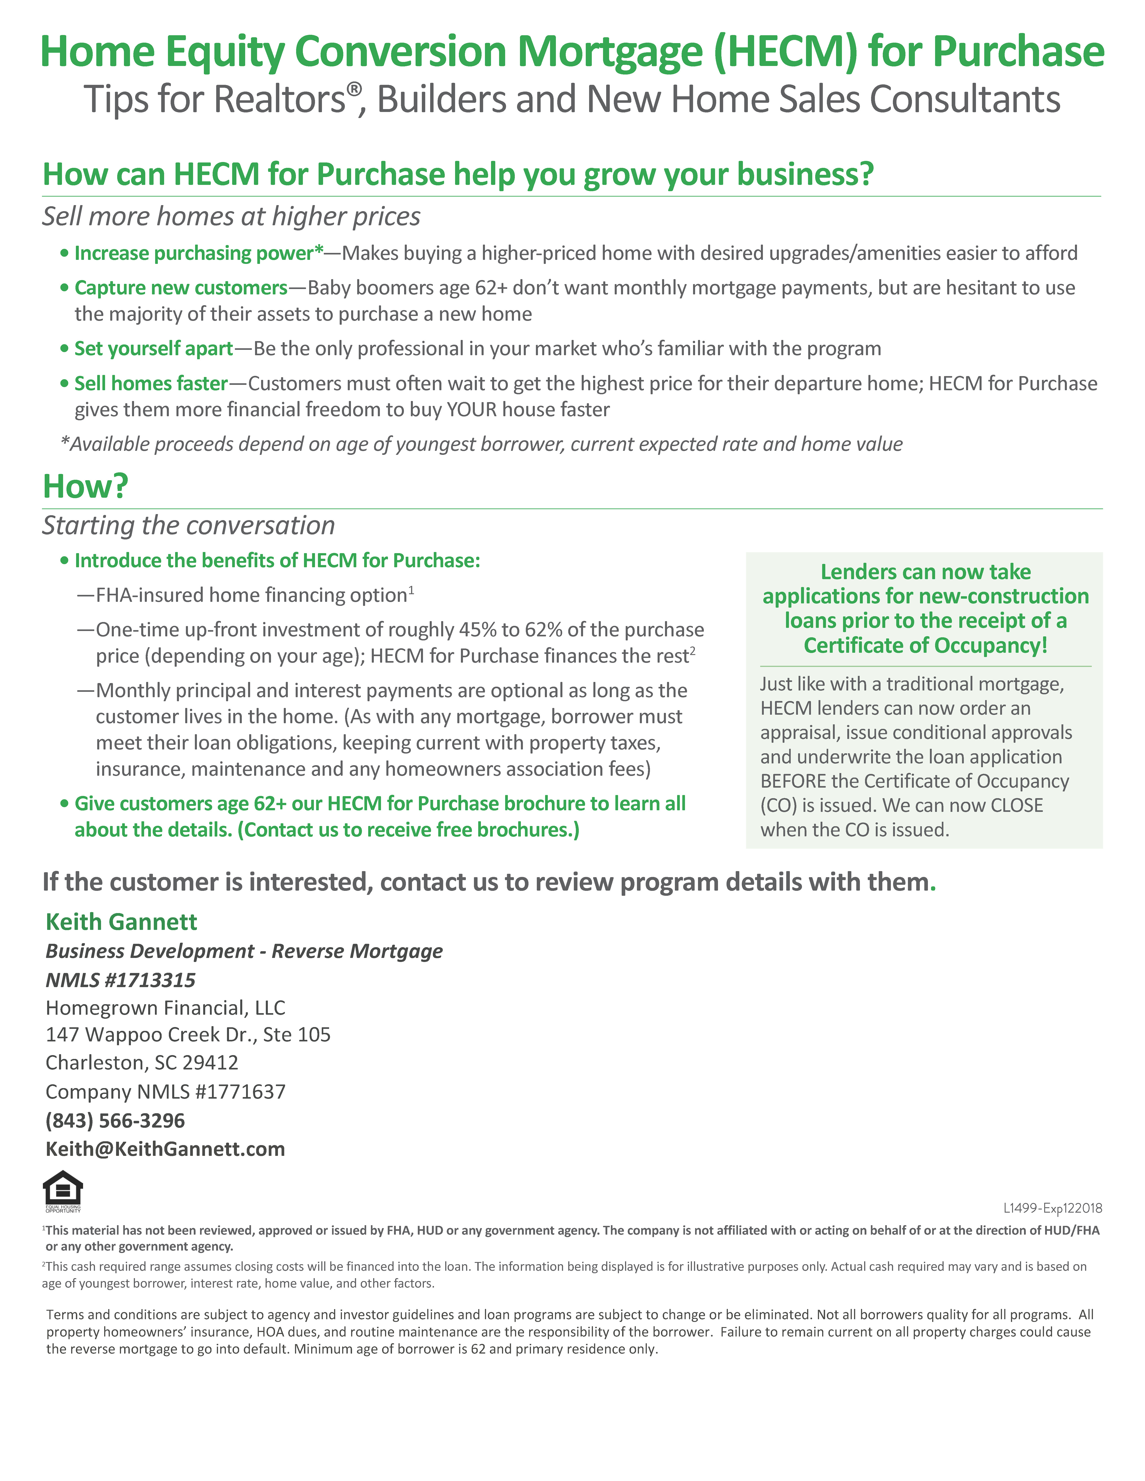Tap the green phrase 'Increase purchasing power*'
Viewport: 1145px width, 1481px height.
coord(199,253)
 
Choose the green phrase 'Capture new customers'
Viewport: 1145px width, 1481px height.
coord(181,287)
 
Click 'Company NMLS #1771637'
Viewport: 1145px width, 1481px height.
coord(165,1092)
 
